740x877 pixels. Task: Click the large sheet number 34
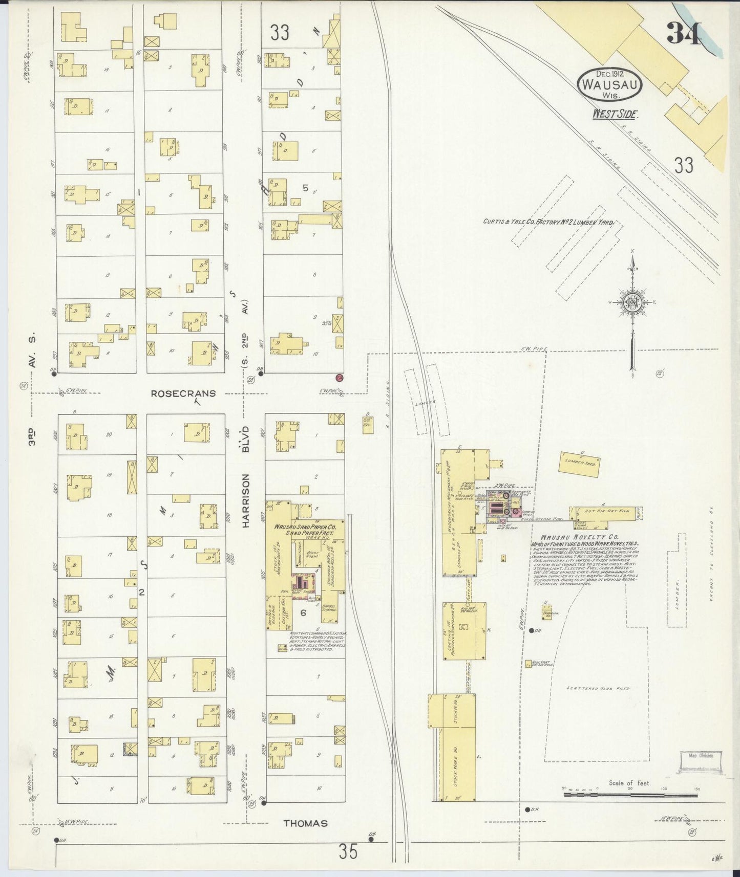(684, 33)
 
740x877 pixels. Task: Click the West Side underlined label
(615, 114)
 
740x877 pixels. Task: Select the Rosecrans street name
(183, 393)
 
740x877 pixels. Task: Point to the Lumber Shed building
(580, 464)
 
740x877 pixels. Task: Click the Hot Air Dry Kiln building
(606, 511)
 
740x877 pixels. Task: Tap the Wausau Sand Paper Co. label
(305, 529)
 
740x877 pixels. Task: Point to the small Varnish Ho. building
(547, 612)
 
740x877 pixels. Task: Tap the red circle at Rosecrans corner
(339, 378)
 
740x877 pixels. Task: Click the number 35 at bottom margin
(348, 852)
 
